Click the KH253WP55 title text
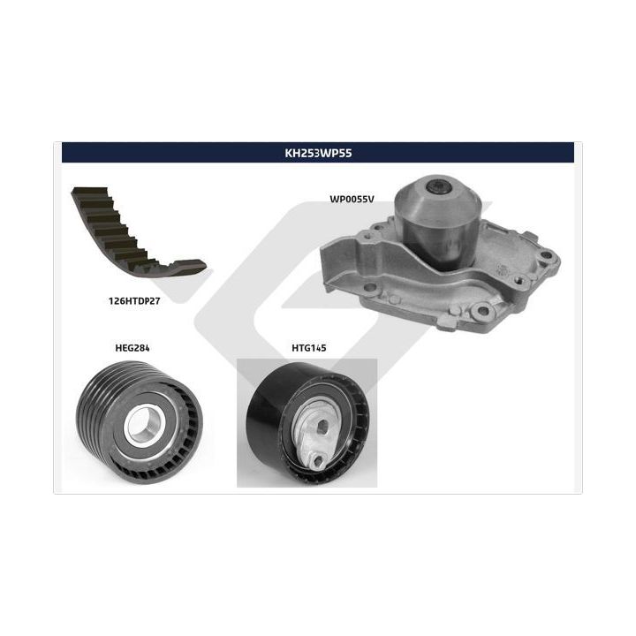pyautogui.click(x=318, y=153)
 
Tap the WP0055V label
pyautogui.click(x=352, y=199)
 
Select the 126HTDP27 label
pyautogui.click(x=134, y=301)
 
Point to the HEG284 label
pyautogui.click(x=132, y=348)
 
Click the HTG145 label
pyautogui.click(x=309, y=348)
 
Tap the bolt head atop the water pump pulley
pyautogui.click(x=438, y=187)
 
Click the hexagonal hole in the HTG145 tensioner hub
pyautogui.click(x=323, y=426)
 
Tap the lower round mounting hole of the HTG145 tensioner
pyautogui.click(x=318, y=460)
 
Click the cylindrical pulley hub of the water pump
pyautogui.click(x=438, y=223)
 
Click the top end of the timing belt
pyautogui.click(x=89, y=190)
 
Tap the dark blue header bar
pyautogui.click(x=318, y=153)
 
